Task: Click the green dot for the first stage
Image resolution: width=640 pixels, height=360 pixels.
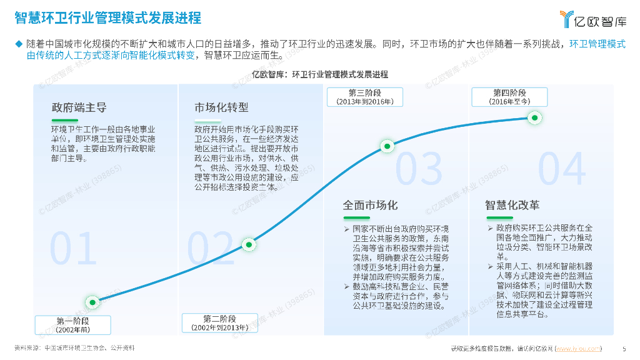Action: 93,302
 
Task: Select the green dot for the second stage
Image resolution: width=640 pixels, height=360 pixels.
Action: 248,244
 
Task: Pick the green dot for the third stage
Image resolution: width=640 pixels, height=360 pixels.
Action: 387,147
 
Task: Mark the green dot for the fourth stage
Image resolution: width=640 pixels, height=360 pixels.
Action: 534,117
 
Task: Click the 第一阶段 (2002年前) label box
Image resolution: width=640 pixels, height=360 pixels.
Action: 73,324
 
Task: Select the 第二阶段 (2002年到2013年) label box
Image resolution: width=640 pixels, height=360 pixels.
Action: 219,322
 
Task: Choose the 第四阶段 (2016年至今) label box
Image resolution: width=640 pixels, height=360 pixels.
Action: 509,97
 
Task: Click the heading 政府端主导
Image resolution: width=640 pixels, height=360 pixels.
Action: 79,107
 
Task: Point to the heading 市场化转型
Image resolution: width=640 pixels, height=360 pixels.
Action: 221,107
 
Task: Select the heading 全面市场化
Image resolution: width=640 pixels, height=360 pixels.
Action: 370,205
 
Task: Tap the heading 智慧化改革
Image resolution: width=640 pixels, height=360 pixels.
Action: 512,205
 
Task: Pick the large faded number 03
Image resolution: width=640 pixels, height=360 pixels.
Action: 419,167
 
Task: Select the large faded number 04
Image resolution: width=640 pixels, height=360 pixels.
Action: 562,167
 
